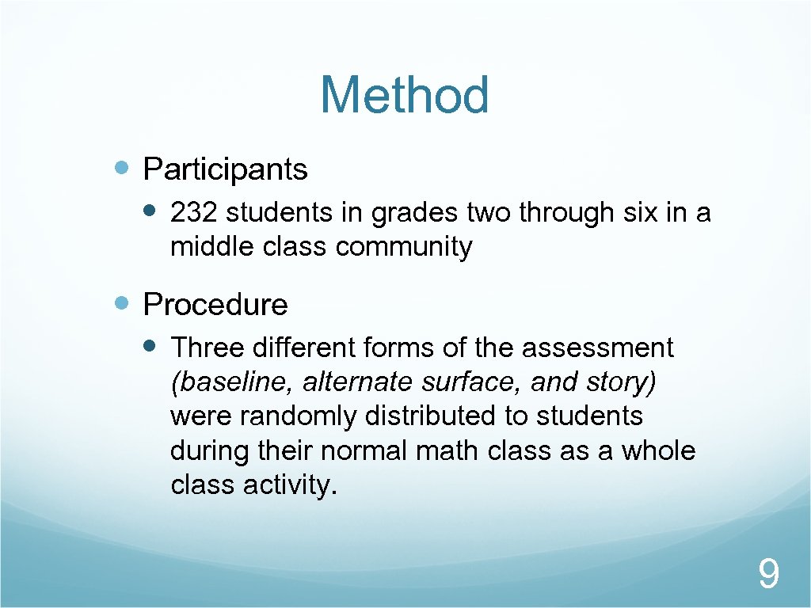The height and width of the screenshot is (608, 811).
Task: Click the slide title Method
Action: [405, 95]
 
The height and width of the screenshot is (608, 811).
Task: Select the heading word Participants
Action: [225, 169]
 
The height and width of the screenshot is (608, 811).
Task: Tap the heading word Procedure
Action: [215, 304]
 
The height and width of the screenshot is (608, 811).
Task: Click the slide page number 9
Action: [767, 574]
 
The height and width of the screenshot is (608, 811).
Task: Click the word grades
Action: [414, 214]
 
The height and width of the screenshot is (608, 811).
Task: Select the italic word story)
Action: [626, 382]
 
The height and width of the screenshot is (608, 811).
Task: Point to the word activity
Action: [289, 485]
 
